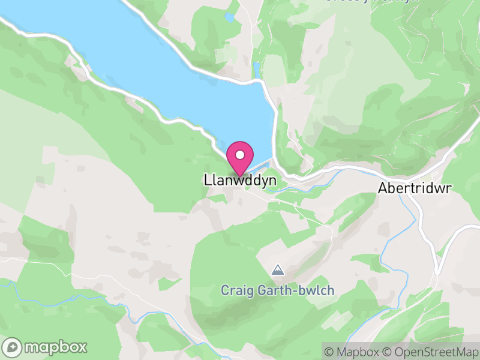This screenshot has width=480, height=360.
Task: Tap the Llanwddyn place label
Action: pos(239,180)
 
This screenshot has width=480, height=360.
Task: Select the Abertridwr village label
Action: pos(414,188)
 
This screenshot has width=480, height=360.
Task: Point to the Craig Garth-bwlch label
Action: pos(277,290)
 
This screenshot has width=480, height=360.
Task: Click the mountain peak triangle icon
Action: pos(277,271)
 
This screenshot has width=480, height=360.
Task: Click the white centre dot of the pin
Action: pos(240,155)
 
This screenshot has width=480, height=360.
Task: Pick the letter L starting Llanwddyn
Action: pos(207,180)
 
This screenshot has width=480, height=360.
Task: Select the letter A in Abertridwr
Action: pos(382,188)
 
